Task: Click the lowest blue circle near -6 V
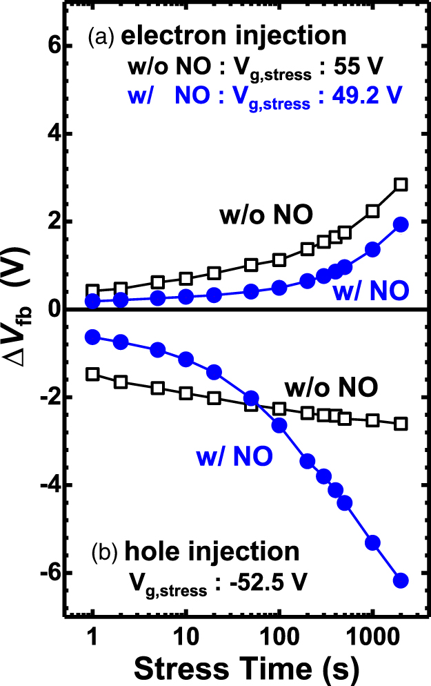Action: pos(401,580)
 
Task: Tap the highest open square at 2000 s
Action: pos(401,184)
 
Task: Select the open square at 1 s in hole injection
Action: pos(93,374)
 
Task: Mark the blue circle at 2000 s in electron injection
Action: pos(401,224)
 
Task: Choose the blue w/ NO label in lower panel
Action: pos(224,455)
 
